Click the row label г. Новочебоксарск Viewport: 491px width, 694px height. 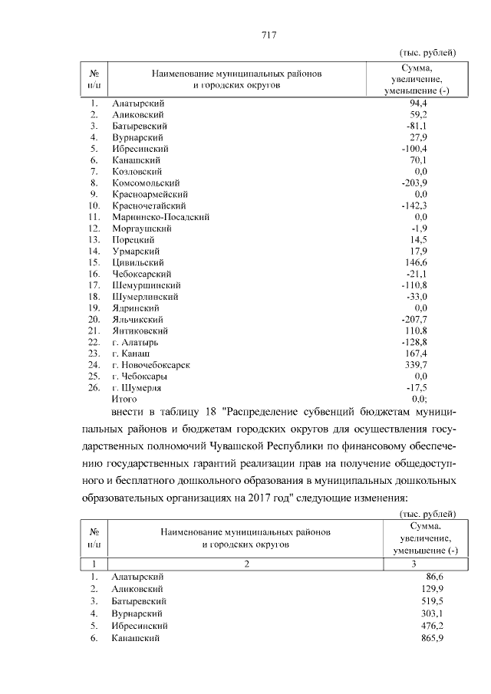151,365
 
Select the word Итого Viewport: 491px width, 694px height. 124,399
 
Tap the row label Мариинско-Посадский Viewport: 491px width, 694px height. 160,217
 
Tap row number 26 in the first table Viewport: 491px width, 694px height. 95,388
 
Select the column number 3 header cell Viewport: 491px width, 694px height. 425,563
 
